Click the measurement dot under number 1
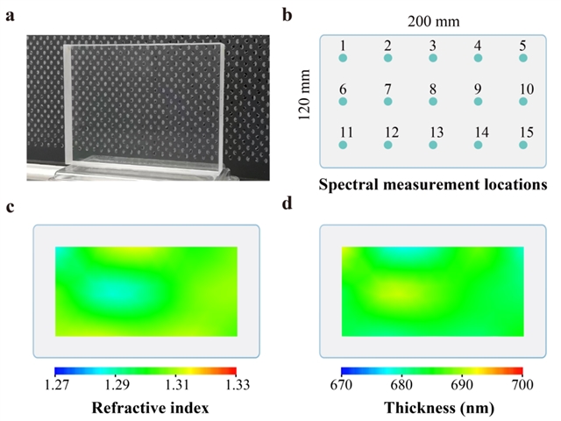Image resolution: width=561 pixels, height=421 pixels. point(343,58)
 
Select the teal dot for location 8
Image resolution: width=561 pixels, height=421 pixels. point(433,102)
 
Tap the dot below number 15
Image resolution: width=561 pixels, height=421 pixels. point(523,145)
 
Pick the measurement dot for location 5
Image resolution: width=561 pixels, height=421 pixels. point(523,58)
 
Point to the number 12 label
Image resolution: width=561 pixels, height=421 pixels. point(392,132)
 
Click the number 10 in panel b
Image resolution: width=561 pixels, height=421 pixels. point(527,89)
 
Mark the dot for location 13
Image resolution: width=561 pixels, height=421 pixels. point(433,145)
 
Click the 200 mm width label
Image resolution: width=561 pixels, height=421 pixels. point(434,22)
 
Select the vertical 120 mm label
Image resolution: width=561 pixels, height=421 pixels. point(304,95)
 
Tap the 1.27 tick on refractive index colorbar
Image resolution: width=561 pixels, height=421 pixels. point(57,385)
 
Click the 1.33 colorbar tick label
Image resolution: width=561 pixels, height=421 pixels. point(238,385)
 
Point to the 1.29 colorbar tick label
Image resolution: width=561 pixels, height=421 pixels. point(117,385)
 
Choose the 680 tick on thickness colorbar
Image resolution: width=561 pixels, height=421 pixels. point(401,385)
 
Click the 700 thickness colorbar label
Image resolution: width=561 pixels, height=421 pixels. point(522,385)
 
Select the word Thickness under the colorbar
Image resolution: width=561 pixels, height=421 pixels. point(415,408)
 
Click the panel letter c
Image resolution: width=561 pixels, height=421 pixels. point(10,207)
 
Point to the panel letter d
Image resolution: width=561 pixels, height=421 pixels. point(288,203)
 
